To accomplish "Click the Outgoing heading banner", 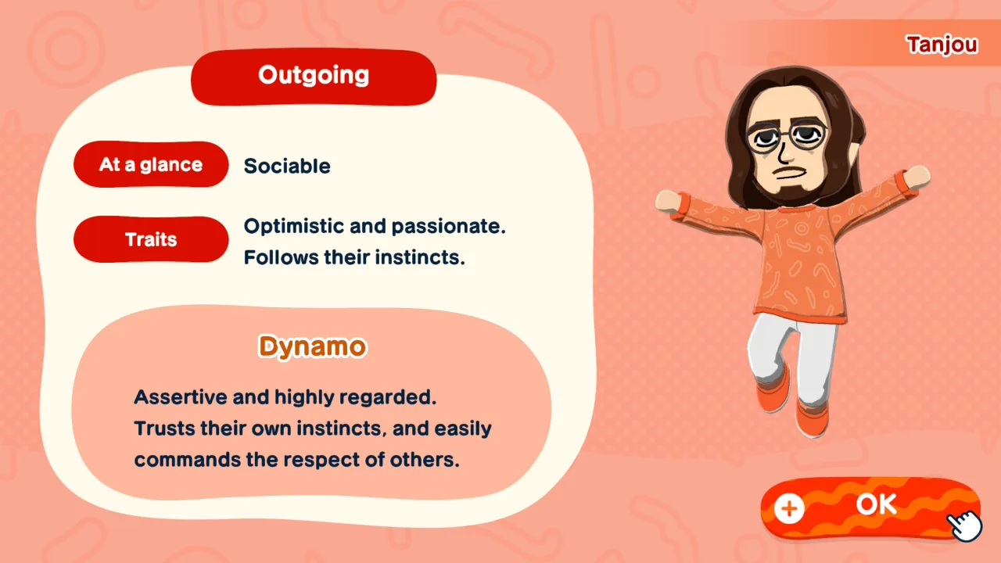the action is [x=314, y=77].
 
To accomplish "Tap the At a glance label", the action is [x=151, y=164].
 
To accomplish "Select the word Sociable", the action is [x=287, y=167].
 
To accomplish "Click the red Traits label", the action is [x=151, y=239].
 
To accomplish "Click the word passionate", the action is [x=449, y=227].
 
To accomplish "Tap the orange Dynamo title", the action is [x=312, y=346].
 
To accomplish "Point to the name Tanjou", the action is [x=942, y=45].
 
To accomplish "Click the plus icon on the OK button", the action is [x=789, y=508].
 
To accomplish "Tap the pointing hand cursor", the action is [x=964, y=525].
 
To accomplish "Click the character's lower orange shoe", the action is [x=812, y=420].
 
